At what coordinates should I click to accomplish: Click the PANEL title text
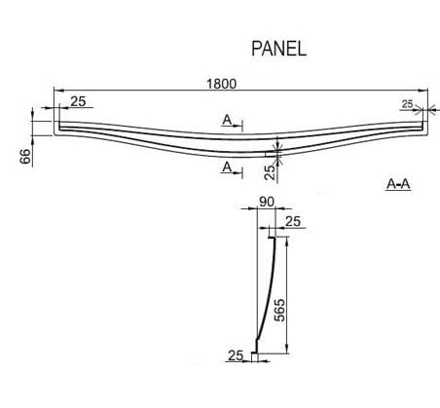pos(278,49)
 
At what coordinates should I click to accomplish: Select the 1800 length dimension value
pos(222,84)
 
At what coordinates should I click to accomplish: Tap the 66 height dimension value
pos(25,157)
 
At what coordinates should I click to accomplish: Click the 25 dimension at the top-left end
pos(78,101)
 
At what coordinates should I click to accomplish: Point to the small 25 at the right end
pos(407,104)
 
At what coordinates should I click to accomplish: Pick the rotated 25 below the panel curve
pos(270,171)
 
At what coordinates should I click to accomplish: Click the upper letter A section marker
pos(227,120)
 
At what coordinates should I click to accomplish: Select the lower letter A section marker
pos(227,167)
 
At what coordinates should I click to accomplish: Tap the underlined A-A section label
pos(398,184)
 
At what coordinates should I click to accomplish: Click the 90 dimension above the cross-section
pos(267,202)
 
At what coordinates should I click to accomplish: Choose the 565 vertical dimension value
pos(279,310)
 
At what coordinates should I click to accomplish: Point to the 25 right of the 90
pos(293,221)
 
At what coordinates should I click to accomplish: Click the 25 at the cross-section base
pos(236,355)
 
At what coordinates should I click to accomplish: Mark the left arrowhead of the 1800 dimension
pos(58,91)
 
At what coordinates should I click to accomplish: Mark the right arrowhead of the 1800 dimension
pos(423,91)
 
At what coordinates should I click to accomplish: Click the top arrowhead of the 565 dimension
pos(286,241)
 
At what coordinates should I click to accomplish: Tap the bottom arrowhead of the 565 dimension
pos(286,349)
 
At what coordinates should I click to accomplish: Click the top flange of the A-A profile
pos(272,238)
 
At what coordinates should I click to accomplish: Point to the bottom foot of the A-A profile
pos(255,352)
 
